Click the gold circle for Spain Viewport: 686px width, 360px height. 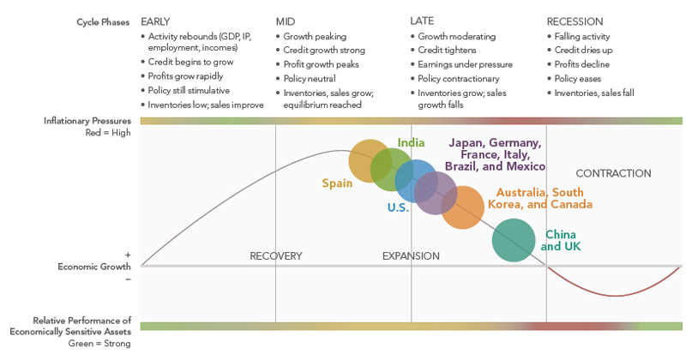point(370,160)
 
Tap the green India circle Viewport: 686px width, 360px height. point(392,169)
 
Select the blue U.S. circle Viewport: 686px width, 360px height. point(416,181)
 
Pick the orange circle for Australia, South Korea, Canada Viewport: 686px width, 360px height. point(463,207)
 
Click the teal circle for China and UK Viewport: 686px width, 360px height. point(514,240)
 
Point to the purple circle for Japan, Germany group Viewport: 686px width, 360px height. point(436,192)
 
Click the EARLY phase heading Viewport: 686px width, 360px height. point(155,21)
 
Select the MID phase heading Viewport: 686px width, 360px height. point(286,21)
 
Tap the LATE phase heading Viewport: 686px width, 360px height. point(422,21)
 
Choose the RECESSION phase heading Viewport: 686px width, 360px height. point(575,21)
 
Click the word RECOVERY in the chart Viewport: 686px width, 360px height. point(276,255)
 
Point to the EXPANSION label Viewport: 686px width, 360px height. point(411,255)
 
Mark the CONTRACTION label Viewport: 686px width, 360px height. point(613,173)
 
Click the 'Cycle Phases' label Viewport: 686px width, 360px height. point(103,21)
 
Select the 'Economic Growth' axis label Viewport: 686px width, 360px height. point(94,267)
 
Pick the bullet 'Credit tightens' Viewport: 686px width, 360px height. point(449,51)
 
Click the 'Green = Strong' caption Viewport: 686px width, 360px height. point(99,344)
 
